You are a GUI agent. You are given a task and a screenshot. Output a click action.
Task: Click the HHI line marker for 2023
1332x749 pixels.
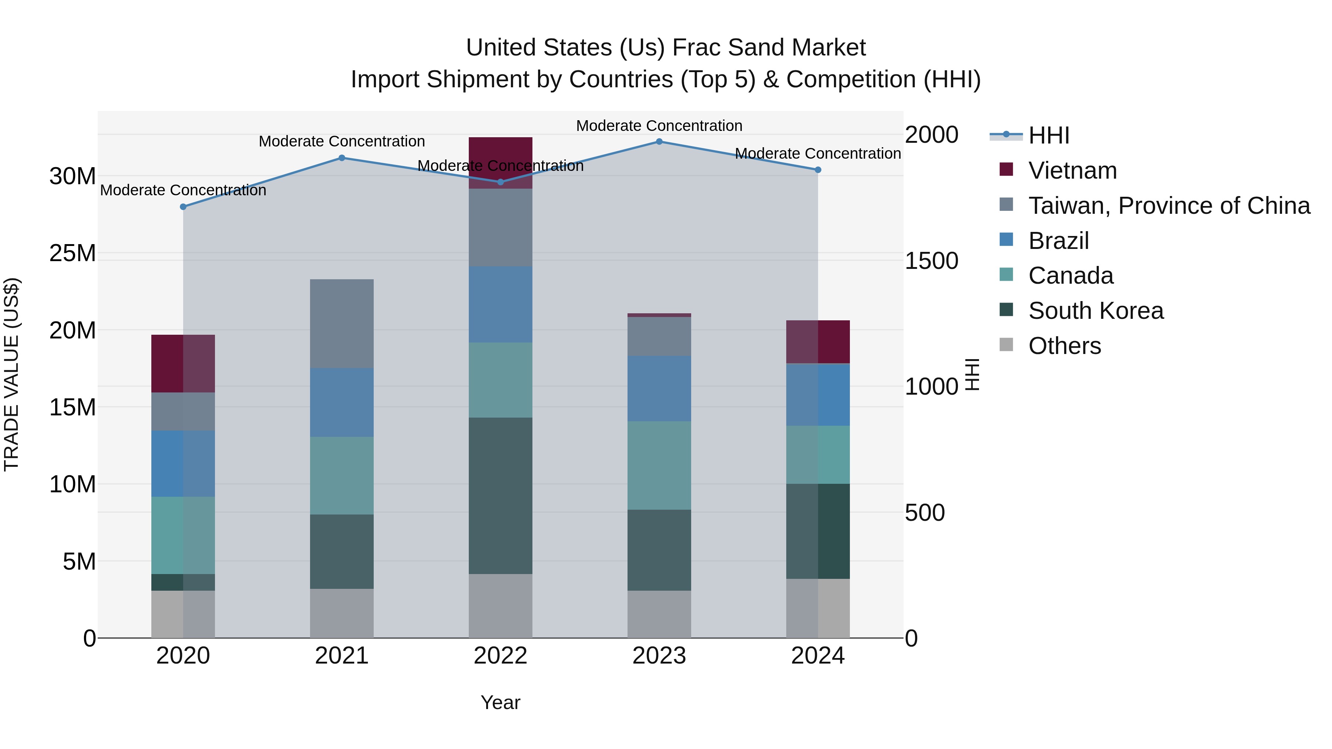click(x=659, y=142)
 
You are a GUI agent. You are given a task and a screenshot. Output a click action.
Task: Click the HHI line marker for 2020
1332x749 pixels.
click(x=183, y=207)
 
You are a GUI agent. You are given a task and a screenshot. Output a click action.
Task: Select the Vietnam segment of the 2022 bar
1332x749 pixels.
click(x=500, y=155)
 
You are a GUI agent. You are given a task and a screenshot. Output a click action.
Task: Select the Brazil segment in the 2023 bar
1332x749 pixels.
click(x=659, y=388)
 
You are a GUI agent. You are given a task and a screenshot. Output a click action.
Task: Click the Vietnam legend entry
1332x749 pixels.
click(x=1072, y=171)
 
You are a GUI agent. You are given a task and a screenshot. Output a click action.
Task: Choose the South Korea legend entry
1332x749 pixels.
click(x=1095, y=311)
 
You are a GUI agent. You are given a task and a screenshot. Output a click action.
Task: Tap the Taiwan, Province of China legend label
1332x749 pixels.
click(x=1168, y=206)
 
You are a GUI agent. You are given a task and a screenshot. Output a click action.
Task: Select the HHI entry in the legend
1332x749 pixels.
click(x=1048, y=135)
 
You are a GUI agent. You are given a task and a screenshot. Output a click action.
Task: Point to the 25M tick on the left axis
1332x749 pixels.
click(x=73, y=253)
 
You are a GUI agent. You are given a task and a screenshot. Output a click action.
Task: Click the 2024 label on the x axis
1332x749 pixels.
click(x=817, y=656)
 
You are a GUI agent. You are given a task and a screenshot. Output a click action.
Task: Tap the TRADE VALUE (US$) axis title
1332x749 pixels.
click(x=11, y=374)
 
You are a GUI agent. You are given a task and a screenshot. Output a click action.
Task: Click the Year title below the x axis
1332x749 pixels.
click(x=500, y=702)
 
